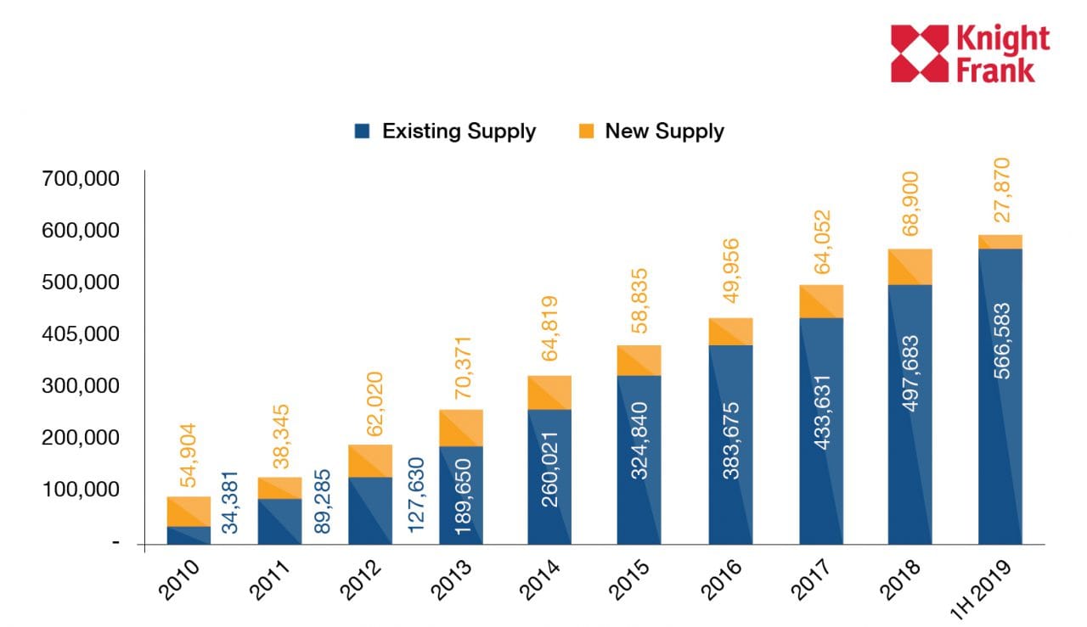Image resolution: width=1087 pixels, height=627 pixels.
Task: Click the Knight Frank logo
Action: tap(970, 53)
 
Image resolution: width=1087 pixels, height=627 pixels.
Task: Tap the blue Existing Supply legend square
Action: tap(363, 132)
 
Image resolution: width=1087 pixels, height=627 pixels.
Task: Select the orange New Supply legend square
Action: tap(585, 132)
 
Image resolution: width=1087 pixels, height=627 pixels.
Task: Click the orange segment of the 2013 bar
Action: tap(461, 428)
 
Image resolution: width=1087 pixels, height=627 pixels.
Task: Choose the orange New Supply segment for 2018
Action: tap(910, 266)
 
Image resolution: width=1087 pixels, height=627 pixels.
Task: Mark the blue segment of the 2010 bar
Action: tap(189, 535)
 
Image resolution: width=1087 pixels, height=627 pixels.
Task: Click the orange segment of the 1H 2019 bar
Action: tap(1000, 242)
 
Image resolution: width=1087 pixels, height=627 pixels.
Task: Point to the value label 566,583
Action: tap(1001, 340)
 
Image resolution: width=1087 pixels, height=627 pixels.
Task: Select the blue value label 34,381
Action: tap(230, 502)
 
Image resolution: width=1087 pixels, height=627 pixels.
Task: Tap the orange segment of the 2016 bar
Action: tap(730, 332)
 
